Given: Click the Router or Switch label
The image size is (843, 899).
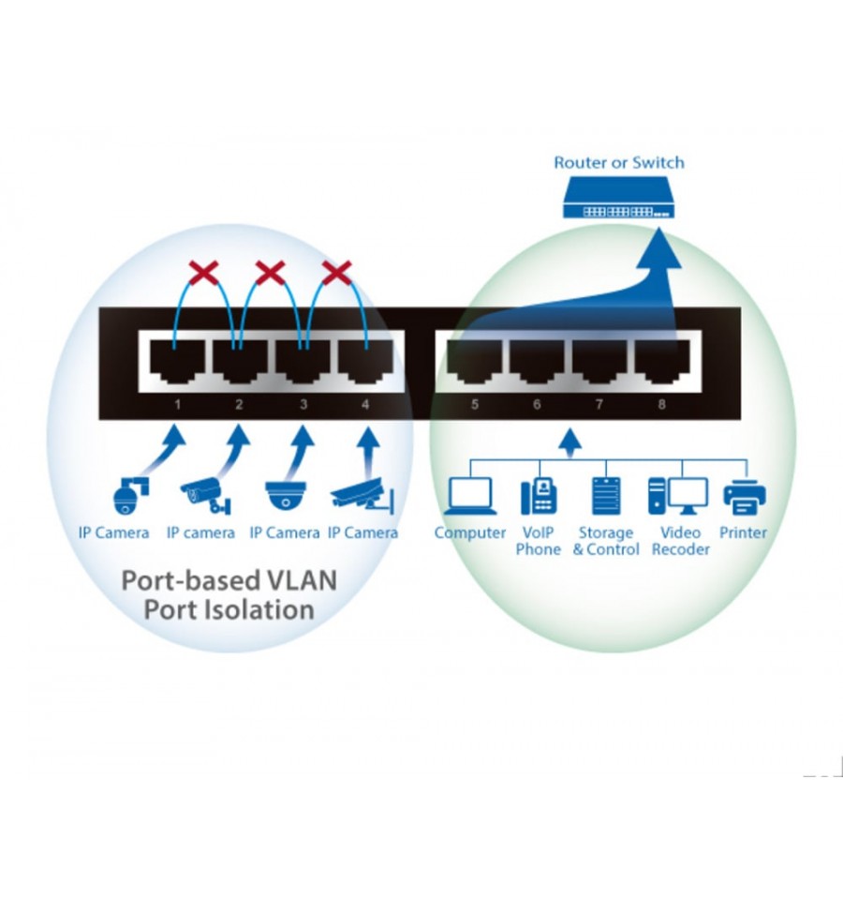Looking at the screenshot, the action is [618, 162].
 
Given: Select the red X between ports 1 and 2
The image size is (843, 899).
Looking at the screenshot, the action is [204, 273].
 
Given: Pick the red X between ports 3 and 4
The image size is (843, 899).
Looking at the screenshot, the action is [337, 273].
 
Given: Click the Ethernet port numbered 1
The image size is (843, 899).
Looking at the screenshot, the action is [178, 361].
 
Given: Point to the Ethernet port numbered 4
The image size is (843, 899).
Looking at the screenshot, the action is [365, 361].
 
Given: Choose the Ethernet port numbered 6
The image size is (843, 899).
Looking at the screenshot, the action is [537, 361].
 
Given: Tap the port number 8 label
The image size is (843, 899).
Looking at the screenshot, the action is [661, 404].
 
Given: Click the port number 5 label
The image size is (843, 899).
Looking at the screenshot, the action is [474, 404].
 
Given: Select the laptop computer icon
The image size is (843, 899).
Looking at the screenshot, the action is [470, 496].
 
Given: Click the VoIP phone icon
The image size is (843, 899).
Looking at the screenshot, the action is [539, 496].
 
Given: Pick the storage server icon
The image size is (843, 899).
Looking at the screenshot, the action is [606, 496].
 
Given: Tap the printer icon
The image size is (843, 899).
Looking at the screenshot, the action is [745, 497].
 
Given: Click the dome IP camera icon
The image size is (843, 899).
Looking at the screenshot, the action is [286, 495].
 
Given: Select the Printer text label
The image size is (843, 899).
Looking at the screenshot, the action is [743, 532].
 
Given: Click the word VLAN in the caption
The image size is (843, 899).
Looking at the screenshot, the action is [302, 580].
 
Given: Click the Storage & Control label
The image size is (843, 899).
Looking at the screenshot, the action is [606, 541].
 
